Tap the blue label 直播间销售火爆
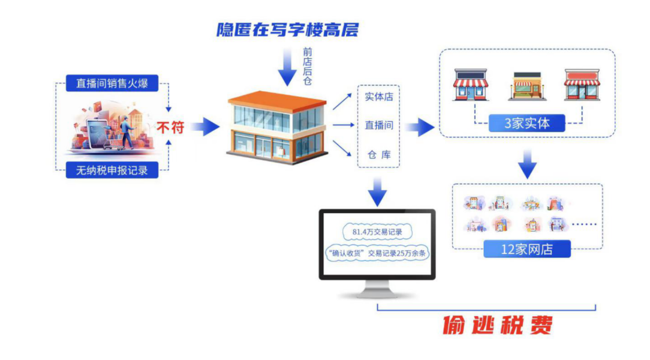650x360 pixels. tap(112, 83)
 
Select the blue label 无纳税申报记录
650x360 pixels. tap(112, 170)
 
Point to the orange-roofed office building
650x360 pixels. tap(278, 127)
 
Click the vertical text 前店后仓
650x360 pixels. tap(307, 67)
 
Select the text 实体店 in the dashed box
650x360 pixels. tap(378, 97)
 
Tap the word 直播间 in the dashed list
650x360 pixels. tap(378, 125)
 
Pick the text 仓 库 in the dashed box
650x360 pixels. tap(378, 155)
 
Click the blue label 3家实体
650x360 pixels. tap(526, 124)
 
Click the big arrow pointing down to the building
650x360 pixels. tap(287, 68)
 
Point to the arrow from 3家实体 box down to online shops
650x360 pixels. tap(526, 163)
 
